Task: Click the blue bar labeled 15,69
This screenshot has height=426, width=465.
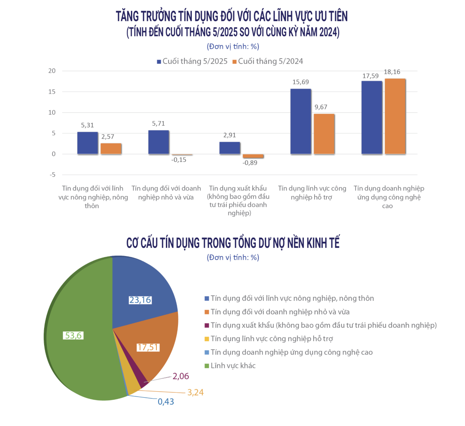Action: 300,121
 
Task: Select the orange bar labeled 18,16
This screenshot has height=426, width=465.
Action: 395,116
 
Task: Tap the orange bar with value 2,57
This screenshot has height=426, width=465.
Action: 111,149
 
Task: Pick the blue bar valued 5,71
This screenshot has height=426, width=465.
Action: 158,142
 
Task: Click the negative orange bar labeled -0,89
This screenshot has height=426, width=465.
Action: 253,156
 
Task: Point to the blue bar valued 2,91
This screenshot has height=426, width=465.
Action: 229,148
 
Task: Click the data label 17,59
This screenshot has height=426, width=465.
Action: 370,76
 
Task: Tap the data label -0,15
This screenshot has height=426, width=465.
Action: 179,160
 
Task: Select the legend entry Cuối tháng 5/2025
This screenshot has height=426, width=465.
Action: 192,62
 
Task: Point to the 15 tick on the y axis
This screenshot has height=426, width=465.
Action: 52,92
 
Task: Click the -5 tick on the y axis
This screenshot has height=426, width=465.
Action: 52,175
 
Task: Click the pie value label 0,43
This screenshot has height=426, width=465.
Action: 166,402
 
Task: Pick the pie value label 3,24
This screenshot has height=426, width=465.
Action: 195,392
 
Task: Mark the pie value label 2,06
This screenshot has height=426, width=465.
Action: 181,376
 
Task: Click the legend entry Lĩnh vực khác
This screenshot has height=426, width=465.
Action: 233,366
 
